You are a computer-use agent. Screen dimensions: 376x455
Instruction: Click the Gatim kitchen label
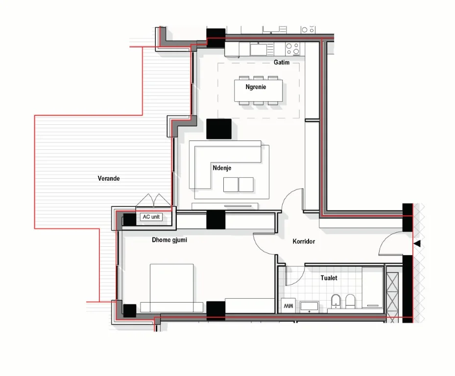pyautogui.click(x=282, y=63)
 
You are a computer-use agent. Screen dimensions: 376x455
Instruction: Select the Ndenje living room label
pyautogui.click(x=221, y=168)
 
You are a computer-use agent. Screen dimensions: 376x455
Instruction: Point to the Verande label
pyautogui.click(x=109, y=179)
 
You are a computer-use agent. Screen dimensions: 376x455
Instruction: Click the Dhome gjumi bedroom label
pyautogui.click(x=169, y=240)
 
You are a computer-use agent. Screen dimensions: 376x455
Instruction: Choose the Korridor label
pyautogui.click(x=303, y=242)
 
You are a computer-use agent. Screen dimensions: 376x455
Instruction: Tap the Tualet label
pyautogui.click(x=329, y=278)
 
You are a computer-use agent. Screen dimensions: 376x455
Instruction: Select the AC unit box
pyautogui.click(x=151, y=216)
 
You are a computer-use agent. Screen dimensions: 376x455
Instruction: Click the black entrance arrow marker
pyautogui.click(x=416, y=243)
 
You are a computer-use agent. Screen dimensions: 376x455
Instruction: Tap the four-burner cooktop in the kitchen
pyautogui.click(x=292, y=48)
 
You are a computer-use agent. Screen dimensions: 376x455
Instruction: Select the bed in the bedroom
pyautogui.click(x=171, y=288)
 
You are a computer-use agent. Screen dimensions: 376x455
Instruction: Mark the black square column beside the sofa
pyautogui.click(x=219, y=129)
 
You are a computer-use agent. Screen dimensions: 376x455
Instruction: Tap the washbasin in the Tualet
pyautogui.click(x=310, y=306)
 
